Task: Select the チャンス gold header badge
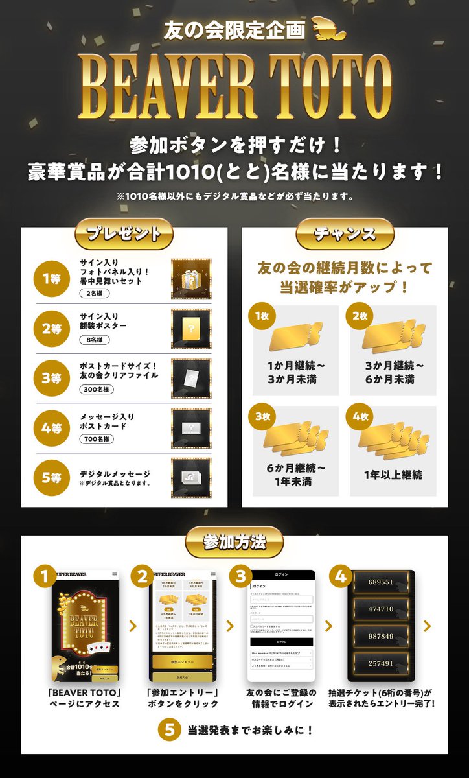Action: [x=345, y=234]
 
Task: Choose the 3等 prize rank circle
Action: [x=51, y=377]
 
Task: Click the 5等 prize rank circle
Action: [x=51, y=477]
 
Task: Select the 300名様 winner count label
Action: [x=98, y=390]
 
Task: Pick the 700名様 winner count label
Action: [x=98, y=439]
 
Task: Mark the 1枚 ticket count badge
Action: [x=262, y=315]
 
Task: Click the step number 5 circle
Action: [x=170, y=729]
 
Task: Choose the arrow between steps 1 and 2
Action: [x=133, y=626]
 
